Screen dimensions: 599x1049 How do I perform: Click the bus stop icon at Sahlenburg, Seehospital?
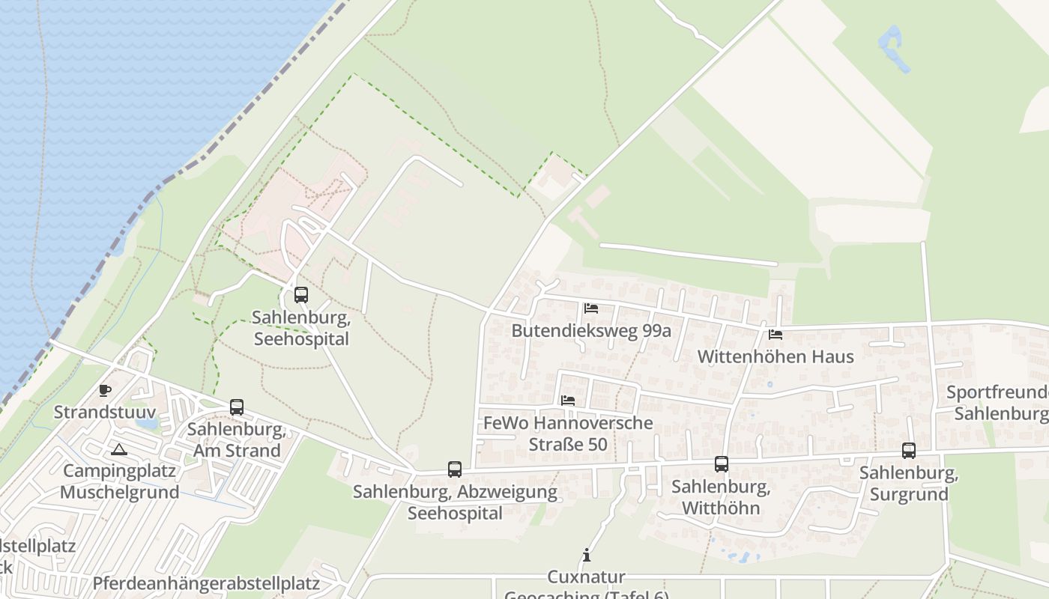[301, 295]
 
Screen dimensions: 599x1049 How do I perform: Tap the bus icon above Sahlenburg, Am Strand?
[237, 407]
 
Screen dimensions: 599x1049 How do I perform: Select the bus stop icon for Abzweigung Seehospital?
[455, 469]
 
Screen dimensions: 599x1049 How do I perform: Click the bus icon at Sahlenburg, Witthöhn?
[722, 464]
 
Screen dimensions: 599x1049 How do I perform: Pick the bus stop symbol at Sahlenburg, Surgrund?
[909, 451]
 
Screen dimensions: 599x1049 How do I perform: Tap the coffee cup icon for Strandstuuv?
[105, 390]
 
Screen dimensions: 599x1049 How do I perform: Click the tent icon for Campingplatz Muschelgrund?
[118, 450]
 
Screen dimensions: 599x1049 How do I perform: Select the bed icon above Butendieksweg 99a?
[591, 308]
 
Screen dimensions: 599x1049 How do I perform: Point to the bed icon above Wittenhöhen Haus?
[776, 335]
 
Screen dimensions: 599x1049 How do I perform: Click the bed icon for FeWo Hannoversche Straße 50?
[568, 401]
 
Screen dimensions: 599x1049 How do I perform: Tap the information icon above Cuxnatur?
[587, 556]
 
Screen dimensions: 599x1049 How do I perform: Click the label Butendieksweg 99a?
[591, 331]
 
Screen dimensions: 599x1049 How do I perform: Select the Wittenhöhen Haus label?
[776, 356]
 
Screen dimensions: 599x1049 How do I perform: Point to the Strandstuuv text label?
[105, 412]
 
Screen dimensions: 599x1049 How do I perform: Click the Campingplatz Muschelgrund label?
[120, 481]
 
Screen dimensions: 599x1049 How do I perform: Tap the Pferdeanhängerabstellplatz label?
[206, 583]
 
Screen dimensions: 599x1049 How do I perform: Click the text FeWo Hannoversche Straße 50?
[568, 434]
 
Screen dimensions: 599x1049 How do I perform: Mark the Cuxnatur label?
[587, 577]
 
